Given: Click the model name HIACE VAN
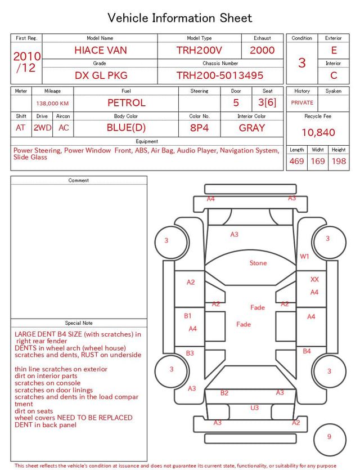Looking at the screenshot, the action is pyautogui.click(x=101, y=50).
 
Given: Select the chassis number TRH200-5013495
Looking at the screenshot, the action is pyautogui.click(x=220, y=75).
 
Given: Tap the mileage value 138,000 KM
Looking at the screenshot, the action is pyautogui.click(x=52, y=104).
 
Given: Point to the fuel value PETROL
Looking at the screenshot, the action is pyautogui.click(x=127, y=103).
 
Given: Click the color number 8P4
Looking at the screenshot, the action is pyautogui.click(x=199, y=128).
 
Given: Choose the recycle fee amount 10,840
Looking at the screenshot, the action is pyautogui.click(x=318, y=132).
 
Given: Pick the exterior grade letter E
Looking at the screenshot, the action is pyautogui.click(x=334, y=50).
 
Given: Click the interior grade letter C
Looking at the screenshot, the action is pyautogui.click(x=334, y=75).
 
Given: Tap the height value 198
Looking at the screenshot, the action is pyautogui.click(x=339, y=161).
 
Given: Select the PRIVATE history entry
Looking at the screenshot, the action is pyautogui.click(x=302, y=103).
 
